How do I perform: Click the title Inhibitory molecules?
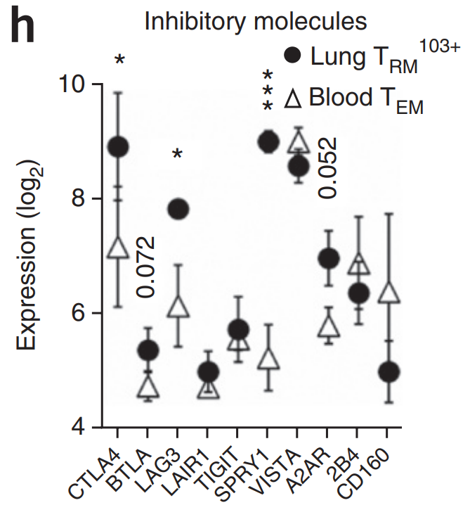click(x=256, y=21)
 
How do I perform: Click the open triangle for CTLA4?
click(x=119, y=248)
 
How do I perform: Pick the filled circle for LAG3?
click(x=178, y=208)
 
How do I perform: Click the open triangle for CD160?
click(x=389, y=293)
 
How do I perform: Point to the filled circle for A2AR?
click(x=329, y=259)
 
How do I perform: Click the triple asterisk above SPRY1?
click(x=268, y=90)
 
